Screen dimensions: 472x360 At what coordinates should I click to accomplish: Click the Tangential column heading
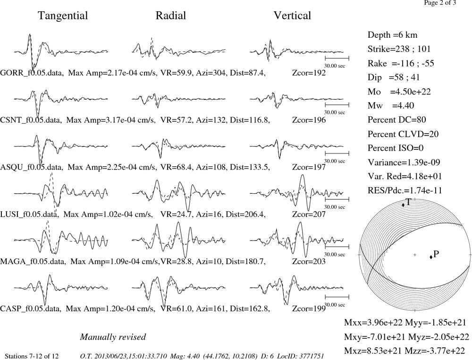pos(63,16)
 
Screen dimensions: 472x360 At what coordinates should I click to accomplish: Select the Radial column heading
pos(171,16)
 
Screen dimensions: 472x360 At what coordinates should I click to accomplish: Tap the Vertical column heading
pos(292,16)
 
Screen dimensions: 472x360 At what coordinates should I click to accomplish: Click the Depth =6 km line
pos(392,35)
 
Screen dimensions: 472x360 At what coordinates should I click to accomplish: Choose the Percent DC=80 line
pos(397,120)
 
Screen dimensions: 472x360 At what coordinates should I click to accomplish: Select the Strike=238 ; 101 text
pos(399,49)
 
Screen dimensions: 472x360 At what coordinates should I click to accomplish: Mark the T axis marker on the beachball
pos(404,205)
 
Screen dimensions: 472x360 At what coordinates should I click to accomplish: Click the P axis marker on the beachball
pos(431,257)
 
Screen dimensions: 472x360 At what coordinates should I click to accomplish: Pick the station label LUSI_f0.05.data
pos(29,214)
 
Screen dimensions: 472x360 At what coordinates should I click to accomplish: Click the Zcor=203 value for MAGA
pos(309,261)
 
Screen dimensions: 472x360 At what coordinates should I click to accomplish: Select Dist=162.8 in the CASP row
pos(250,309)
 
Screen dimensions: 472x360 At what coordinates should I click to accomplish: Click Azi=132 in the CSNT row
pos(211,120)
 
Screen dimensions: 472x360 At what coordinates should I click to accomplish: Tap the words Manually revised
pos(113,337)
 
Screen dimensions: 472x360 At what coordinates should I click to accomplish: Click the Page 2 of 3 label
pos(440,3)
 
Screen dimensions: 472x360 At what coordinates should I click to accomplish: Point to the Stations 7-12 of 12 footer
pos(32,356)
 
